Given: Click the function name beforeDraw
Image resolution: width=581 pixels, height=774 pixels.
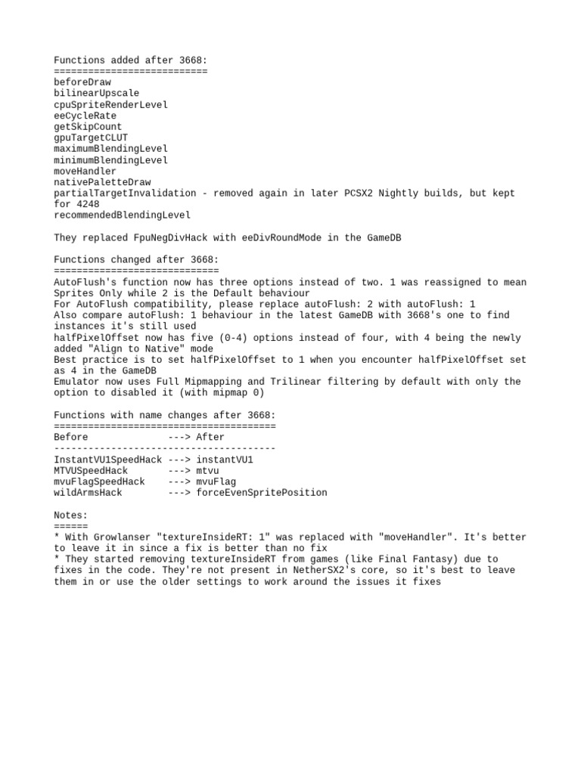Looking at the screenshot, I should (82, 82).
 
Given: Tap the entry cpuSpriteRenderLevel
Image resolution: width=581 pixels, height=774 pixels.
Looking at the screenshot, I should (110, 105).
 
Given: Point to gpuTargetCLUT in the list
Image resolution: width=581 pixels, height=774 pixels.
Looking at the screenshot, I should (91, 138).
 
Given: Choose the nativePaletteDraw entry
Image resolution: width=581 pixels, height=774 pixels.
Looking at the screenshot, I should (102, 182).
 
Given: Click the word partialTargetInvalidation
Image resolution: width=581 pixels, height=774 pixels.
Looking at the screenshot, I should (125, 193).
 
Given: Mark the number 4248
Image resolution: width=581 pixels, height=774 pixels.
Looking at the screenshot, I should (88, 204).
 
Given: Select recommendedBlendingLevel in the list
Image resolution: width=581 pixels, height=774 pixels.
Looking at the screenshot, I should (122, 215).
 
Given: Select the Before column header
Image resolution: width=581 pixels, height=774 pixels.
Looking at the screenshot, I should (71, 438).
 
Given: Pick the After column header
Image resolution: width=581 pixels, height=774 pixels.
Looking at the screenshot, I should (210, 438).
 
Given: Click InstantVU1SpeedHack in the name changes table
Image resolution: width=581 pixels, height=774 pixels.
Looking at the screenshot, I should (108, 460).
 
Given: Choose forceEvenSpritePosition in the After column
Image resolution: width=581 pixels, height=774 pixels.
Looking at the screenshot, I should (262, 493).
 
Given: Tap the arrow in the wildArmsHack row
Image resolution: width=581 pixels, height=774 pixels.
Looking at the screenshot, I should (179, 493).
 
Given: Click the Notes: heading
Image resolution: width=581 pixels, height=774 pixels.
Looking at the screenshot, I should (71, 515).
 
